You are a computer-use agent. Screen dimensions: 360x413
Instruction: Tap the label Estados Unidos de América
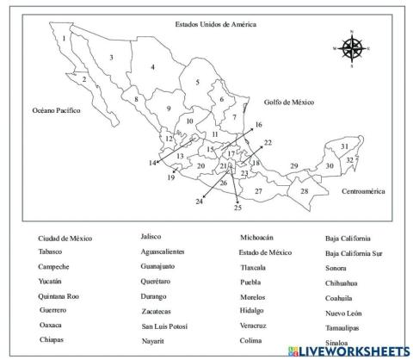point(214,25)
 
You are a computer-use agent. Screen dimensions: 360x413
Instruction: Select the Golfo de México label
point(289,102)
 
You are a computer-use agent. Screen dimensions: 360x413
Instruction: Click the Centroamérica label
point(363,191)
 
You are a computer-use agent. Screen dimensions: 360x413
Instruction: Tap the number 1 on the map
point(64,39)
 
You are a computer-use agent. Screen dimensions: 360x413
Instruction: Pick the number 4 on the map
point(152,67)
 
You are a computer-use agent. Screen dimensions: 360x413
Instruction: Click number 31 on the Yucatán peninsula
point(344,147)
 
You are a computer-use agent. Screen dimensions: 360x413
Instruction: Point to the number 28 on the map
point(304,191)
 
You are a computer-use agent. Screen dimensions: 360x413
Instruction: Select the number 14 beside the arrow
point(152,163)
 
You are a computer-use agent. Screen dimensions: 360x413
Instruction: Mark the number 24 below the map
point(199,202)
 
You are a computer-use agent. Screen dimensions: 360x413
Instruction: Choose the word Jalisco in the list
point(151,236)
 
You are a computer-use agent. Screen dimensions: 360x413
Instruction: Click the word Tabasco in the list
point(51,252)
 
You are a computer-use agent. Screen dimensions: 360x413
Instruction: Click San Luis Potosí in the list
point(166,327)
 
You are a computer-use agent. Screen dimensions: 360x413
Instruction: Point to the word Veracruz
point(256,326)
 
